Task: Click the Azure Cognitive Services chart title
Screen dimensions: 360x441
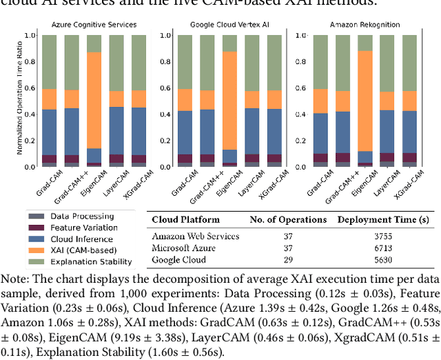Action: (94, 24)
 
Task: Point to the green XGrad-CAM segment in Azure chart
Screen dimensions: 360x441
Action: (139, 62)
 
